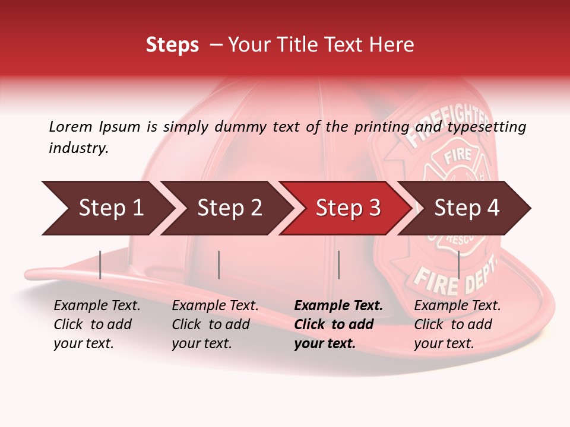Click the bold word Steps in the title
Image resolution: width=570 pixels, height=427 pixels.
pos(172,45)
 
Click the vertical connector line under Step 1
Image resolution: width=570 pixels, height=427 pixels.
pos(100,265)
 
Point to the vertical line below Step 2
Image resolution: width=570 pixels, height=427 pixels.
pos(219,265)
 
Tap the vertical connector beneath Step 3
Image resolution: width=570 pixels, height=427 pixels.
pos(338,265)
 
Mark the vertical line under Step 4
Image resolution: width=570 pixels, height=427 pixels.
pos(458,265)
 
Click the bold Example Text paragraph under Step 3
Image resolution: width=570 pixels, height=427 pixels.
pos(338,324)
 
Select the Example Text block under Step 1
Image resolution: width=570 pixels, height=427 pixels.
pos(97,324)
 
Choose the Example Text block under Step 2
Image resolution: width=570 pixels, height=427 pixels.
pos(215,324)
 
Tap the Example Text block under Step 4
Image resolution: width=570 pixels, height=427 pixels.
pos(457,324)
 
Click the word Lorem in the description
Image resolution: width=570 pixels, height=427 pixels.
pos(71,126)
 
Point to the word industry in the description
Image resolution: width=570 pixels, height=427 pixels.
pos(78,148)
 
